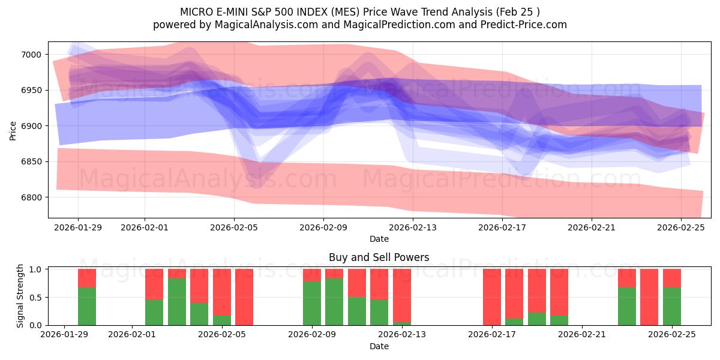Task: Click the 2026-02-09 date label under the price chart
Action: point(323,227)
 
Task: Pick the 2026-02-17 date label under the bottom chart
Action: point(492,335)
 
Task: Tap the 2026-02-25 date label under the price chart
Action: point(681,227)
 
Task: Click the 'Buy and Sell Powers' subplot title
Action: point(379,257)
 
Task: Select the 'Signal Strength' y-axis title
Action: point(19,296)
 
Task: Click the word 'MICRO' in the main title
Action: point(195,12)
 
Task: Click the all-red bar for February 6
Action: point(244,297)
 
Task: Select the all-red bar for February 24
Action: point(649,297)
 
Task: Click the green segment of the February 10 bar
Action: point(334,302)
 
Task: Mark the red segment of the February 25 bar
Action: point(672,278)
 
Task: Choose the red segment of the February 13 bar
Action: point(402,295)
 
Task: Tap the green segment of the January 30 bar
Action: point(87,307)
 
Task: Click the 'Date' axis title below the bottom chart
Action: point(379,346)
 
